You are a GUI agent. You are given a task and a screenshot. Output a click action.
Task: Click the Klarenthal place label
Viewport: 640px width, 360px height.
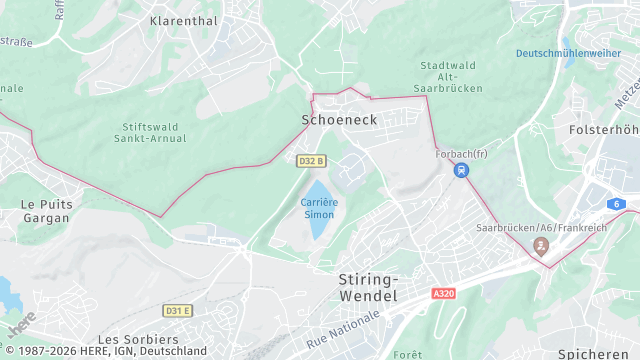184,20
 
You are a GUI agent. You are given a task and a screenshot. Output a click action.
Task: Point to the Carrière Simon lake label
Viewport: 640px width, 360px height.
318,208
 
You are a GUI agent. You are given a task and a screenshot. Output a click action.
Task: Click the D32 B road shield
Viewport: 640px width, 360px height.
311,160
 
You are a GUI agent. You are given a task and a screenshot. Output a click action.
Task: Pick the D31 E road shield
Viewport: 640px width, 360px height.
177,311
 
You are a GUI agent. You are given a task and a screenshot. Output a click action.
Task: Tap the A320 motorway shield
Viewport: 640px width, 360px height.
444,294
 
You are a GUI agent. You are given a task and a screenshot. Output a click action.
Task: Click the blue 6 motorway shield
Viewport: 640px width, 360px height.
618,204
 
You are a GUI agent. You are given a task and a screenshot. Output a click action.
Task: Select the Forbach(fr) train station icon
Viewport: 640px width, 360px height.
460,170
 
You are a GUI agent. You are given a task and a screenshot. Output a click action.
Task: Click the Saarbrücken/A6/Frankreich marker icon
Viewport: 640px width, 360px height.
542,245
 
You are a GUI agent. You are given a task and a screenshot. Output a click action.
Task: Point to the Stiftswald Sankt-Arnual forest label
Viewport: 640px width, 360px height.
160,134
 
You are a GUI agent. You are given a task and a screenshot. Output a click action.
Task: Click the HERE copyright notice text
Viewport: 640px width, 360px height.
105,351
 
